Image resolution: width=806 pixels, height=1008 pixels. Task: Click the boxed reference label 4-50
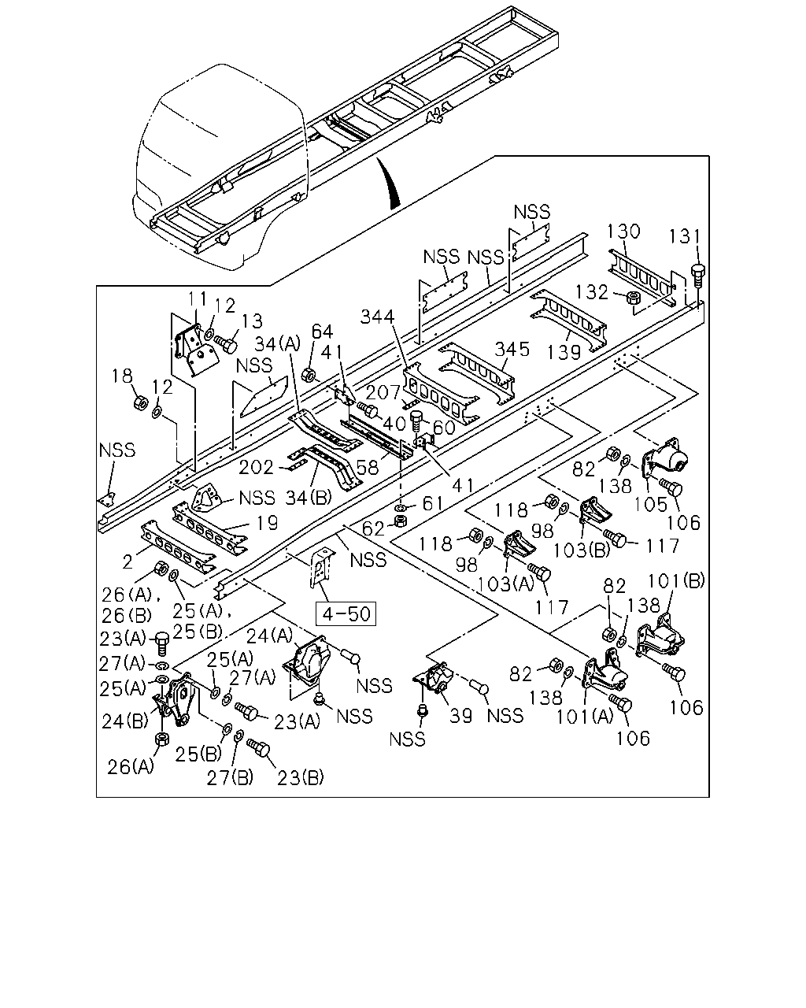click(346, 613)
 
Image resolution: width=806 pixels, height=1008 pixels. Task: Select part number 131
click(684, 236)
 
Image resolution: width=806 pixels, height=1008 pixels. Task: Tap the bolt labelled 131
click(697, 276)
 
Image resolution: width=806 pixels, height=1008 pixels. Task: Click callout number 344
click(378, 317)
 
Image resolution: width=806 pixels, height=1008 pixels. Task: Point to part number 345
click(512, 349)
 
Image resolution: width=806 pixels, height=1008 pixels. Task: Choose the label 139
click(564, 352)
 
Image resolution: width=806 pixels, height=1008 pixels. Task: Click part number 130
click(623, 232)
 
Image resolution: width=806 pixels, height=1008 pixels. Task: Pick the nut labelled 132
click(634, 297)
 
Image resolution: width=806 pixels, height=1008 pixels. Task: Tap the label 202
click(256, 468)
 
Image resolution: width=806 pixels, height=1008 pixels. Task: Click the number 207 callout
click(383, 392)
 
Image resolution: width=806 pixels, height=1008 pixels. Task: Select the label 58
click(367, 467)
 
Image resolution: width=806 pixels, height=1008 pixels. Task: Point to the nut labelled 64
click(309, 375)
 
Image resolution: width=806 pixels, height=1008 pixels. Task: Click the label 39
click(460, 716)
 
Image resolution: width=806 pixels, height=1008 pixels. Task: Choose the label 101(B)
click(676, 581)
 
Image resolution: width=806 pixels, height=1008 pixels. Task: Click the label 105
click(650, 505)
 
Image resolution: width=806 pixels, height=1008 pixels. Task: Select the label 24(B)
click(125, 722)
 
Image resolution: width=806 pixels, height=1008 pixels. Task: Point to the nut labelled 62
click(400, 521)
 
